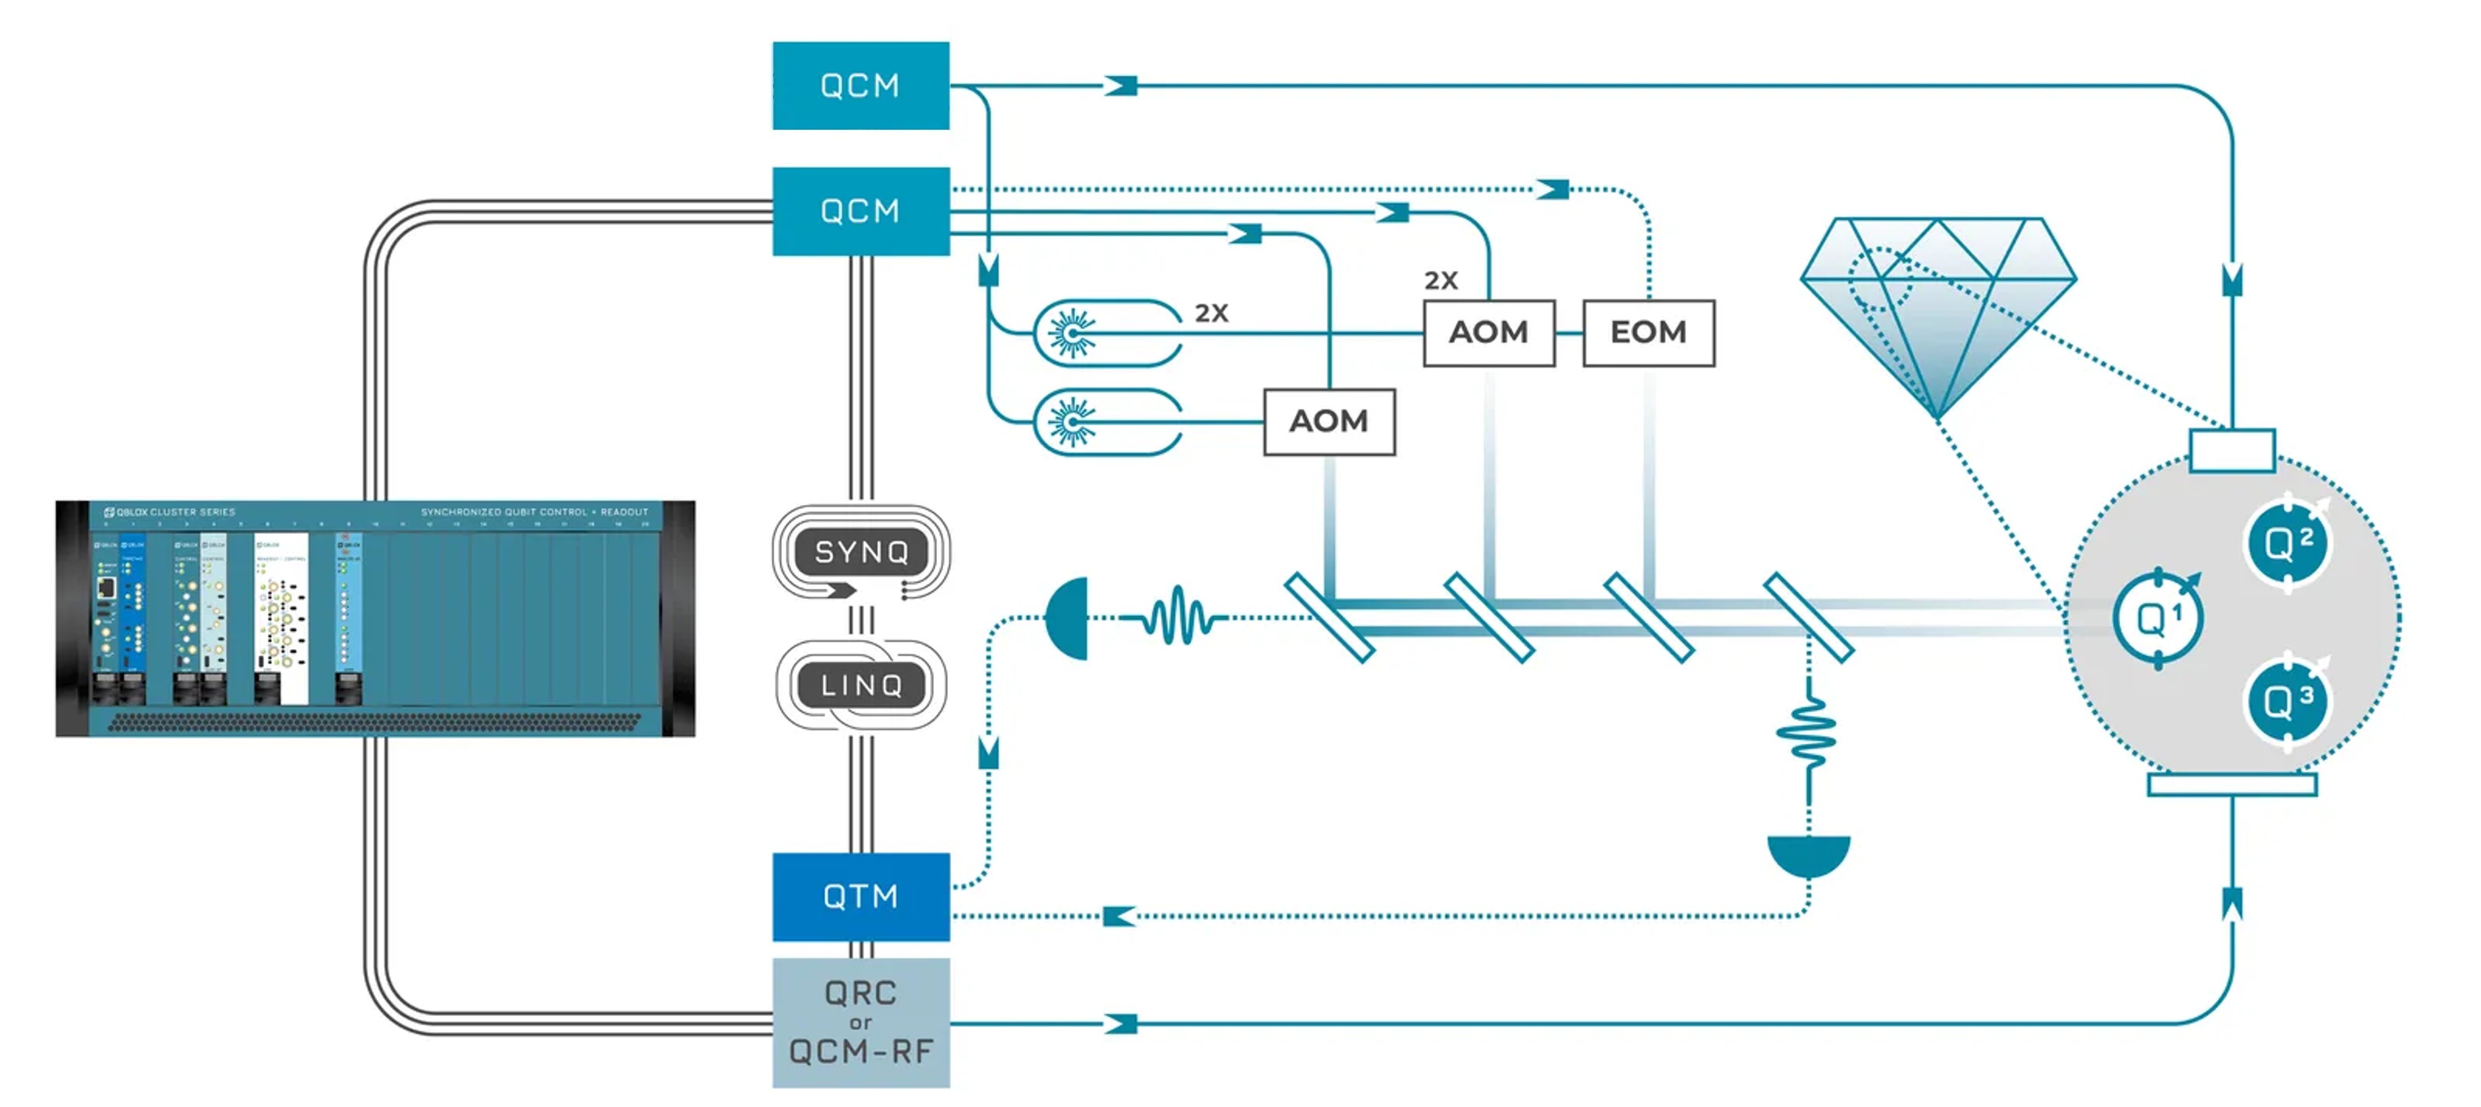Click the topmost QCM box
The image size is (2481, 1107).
[860, 86]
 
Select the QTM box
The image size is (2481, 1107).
[860, 896]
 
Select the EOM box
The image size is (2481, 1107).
[1648, 332]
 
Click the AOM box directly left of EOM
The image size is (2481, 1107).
[1488, 332]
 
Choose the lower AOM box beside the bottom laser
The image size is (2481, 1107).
[1328, 421]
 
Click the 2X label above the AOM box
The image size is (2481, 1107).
[1441, 280]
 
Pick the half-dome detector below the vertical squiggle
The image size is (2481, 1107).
[1808, 854]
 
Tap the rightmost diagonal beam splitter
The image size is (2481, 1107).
[1808, 618]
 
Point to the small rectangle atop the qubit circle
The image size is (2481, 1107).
[2232, 450]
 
